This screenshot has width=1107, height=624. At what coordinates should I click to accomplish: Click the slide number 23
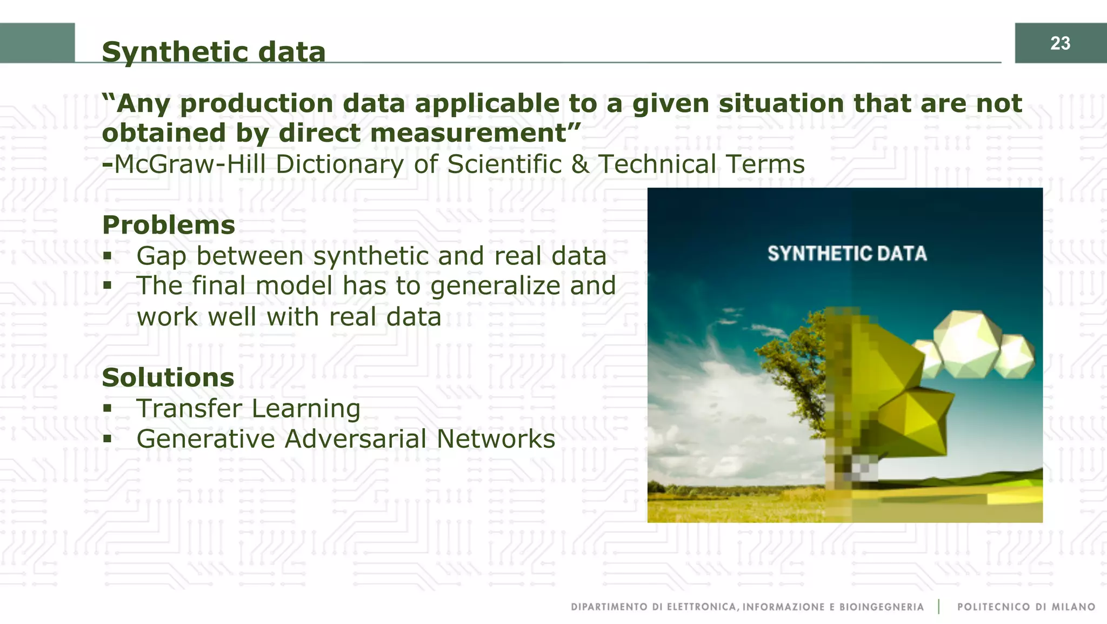tap(1060, 43)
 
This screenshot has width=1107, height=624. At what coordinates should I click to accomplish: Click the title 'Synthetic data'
tap(214, 52)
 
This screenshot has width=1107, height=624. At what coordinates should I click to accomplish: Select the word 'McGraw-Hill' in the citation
tap(190, 164)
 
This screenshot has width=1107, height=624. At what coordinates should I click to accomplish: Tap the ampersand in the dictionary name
tap(580, 164)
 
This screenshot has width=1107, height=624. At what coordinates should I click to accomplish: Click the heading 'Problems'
tap(169, 225)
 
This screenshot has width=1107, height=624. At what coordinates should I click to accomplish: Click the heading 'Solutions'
tap(168, 377)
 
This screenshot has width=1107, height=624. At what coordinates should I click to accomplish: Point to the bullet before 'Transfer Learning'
tap(108, 408)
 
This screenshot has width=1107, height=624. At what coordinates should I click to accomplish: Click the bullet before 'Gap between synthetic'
tap(108, 255)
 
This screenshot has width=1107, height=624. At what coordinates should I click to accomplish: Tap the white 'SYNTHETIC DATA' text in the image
tap(847, 254)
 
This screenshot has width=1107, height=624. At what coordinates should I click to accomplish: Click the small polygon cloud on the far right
tap(1016, 356)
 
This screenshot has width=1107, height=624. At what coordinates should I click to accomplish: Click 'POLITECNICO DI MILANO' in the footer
tap(1026, 607)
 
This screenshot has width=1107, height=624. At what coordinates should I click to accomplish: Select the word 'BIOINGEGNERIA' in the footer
tap(881, 607)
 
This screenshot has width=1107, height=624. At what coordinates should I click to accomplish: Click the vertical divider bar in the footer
tap(939, 607)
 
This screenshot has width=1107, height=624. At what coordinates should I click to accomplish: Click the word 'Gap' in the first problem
tap(162, 256)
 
